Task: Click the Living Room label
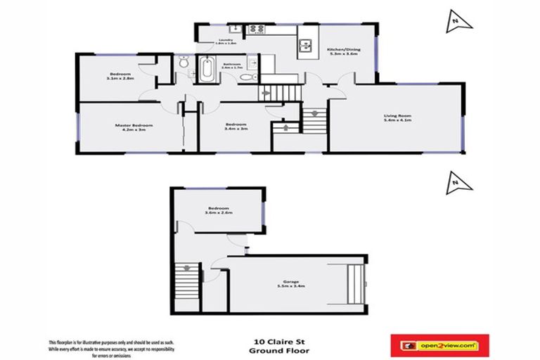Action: (x=397, y=117)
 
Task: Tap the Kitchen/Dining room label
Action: (x=342, y=51)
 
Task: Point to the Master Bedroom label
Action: (x=134, y=127)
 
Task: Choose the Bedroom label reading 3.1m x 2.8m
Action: (x=120, y=77)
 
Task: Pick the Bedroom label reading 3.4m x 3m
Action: (x=235, y=127)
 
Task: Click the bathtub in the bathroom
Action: (x=207, y=70)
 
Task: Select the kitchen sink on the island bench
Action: (x=307, y=47)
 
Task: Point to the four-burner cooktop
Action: (x=255, y=30)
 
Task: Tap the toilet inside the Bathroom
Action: (x=243, y=76)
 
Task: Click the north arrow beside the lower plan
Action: (x=458, y=185)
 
